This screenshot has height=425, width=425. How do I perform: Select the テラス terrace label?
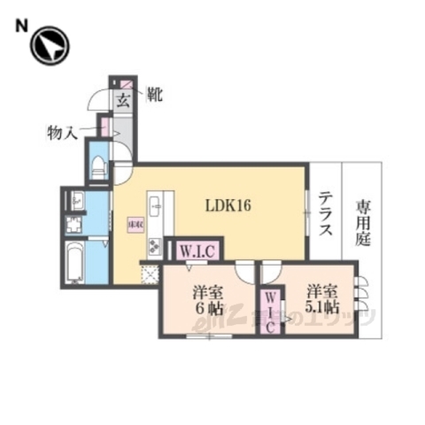[325, 215]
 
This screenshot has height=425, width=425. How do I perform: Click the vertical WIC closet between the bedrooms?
[270, 308]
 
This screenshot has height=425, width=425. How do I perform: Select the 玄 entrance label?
[122, 99]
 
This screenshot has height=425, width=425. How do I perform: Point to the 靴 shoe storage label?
[154, 92]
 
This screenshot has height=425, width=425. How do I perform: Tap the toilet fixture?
[97, 166]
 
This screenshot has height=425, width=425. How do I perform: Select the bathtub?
[74, 262]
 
